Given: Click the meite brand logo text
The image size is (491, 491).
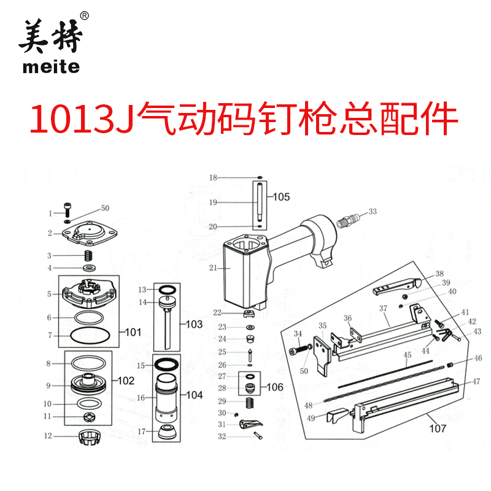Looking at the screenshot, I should (51, 66).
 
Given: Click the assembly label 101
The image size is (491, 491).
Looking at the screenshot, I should (133, 332).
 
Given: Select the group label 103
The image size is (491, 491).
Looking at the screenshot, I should (193, 323).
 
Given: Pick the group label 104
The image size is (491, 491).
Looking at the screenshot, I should (194, 395).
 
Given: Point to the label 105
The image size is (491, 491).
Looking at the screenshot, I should (281, 197).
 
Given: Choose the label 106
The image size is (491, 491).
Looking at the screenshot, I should (276, 387).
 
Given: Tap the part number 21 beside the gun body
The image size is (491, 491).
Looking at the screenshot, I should (213, 268).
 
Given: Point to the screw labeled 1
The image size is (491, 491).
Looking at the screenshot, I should (67, 211).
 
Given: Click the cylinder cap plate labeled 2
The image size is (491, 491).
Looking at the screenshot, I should (90, 233).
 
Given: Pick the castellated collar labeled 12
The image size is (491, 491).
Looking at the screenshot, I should (90, 438).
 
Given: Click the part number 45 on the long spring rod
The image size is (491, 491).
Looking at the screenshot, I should (407, 355).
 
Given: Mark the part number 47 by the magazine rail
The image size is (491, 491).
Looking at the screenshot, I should (476, 381).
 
